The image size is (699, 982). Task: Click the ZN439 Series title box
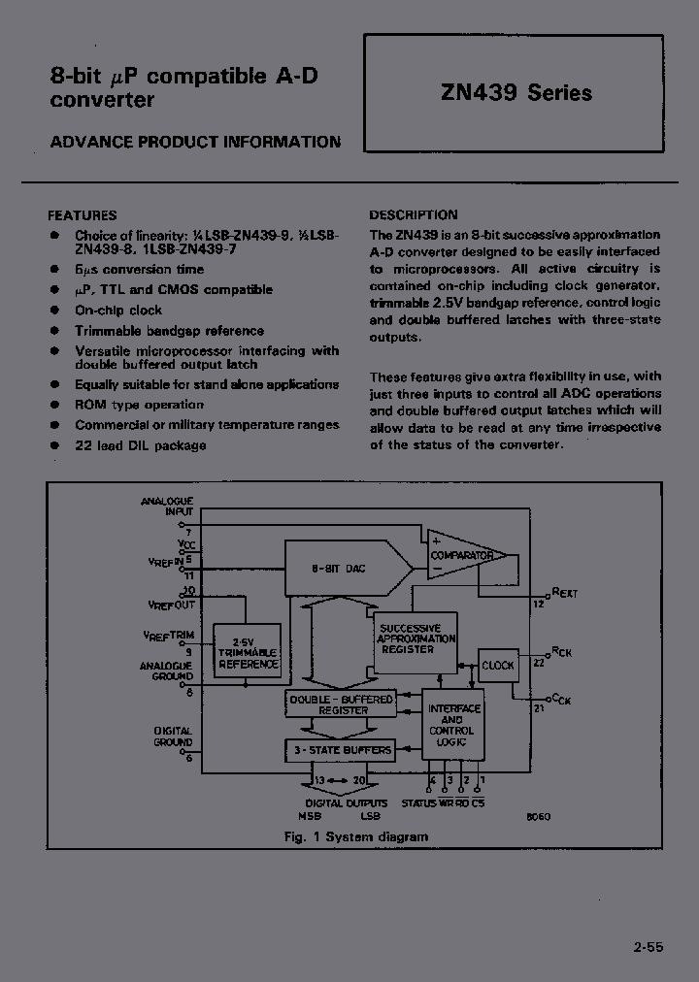click(x=514, y=93)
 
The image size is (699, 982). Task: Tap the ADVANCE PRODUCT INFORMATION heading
click(x=195, y=142)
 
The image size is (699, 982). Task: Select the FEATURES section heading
click(x=83, y=215)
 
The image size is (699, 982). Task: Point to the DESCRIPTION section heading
click(x=414, y=215)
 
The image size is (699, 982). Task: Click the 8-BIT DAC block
click(x=345, y=569)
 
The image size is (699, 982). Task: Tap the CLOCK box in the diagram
click(x=498, y=666)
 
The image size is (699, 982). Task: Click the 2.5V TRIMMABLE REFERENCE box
click(x=249, y=652)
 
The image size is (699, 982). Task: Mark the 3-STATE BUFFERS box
click(x=340, y=749)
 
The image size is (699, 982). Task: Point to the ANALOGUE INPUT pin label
click(x=167, y=506)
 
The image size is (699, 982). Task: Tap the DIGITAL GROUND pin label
click(x=173, y=736)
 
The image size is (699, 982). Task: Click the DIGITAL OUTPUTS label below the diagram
click(x=347, y=802)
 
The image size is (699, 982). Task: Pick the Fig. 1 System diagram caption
click(x=355, y=836)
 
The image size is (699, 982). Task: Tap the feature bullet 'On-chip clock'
click(x=118, y=311)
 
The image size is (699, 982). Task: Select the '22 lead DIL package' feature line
click(x=140, y=445)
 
